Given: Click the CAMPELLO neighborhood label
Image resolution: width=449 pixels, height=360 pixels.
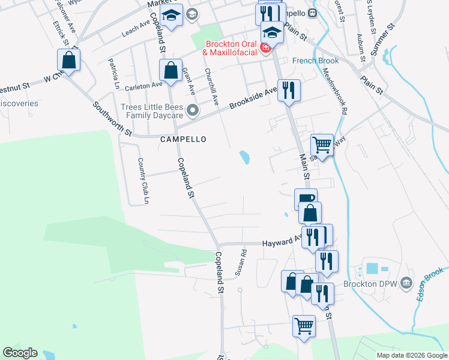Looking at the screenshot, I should click(183, 139).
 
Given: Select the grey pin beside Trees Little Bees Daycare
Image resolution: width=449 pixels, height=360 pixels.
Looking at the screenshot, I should click(192, 110).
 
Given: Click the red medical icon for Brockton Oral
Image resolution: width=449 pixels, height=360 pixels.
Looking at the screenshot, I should click(265, 47).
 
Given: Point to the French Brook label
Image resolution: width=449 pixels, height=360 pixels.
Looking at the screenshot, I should click(316, 61).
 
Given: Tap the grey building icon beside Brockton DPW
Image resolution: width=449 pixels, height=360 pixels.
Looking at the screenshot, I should click(406, 282).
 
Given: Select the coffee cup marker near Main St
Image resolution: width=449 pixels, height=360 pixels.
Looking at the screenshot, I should click(306, 199).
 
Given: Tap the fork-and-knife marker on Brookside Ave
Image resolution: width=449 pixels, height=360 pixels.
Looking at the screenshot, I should click(289, 91).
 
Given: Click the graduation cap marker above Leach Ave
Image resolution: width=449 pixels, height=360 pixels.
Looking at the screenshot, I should click(172, 16).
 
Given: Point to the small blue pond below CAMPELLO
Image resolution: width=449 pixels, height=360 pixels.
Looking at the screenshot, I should click(245, 158).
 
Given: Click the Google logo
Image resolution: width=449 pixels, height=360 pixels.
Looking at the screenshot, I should click(20, 353).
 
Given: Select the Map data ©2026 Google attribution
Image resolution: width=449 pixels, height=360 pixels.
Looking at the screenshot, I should click(411, 355).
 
